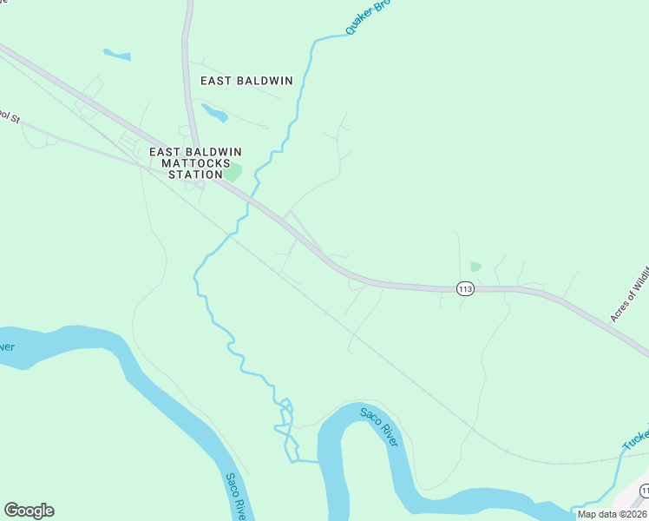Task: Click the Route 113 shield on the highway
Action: point(465,288)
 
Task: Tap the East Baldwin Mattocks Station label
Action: point(190,162)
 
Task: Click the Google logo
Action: point(29,511)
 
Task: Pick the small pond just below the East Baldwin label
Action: point(214,113)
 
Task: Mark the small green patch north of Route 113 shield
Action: point(475,267)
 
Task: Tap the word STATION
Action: point(190,175)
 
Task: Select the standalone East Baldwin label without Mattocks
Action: point(246,81)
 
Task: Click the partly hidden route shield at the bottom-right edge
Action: point(643,491)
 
